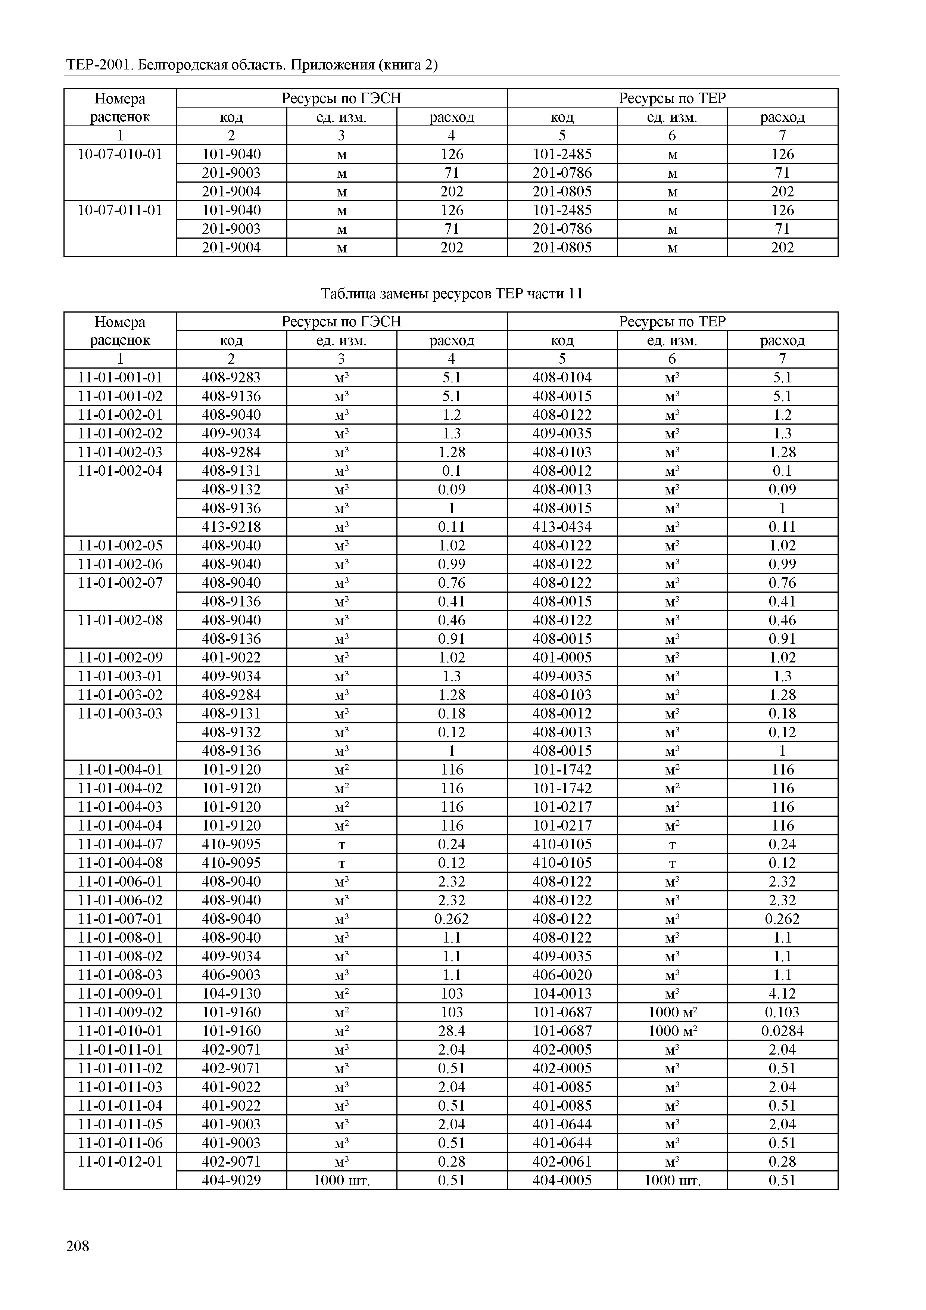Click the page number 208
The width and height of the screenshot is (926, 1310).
[78, 1246]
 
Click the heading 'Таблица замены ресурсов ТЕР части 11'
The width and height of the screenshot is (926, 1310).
[452, 294]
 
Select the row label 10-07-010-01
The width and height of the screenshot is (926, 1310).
[120, 154]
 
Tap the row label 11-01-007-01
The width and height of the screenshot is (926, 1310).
[120, 919]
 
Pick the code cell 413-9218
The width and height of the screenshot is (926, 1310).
[231, 527]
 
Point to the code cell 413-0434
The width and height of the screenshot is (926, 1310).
[562, 527]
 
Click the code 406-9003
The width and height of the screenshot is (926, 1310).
[231, 975]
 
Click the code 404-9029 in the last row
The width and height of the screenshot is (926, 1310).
[231, 1180]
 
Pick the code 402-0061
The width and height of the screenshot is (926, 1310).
[562, 1162]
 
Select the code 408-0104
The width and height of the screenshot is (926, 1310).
[562, 378]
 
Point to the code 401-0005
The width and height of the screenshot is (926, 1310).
[562, 657]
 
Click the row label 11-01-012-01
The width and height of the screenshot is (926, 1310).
[120, 1162]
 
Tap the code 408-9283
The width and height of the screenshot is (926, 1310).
[231, 378]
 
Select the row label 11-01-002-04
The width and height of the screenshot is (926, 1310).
[120, 471]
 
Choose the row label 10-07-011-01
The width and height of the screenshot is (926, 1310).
[120, 210]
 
